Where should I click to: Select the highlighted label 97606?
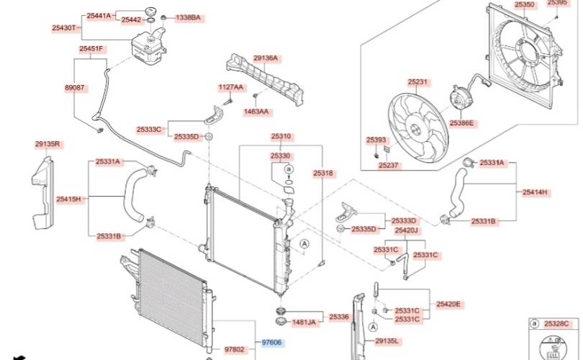point(272,343)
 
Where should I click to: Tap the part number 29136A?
point(265,58)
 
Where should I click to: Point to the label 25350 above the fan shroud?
point(525,4)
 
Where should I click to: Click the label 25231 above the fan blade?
point(417,81)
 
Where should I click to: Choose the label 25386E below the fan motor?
point(461,123)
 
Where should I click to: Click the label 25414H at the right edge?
point(535,192)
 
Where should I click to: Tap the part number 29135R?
point(48,144)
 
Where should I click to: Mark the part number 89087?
point(75,86)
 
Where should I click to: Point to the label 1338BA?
point(188,17)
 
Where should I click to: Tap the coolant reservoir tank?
point(150,46)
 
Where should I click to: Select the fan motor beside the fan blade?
point(458,99)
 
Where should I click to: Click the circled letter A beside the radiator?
point(304,245)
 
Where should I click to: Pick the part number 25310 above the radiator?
point(281,135)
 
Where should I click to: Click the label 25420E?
point(448,304)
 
